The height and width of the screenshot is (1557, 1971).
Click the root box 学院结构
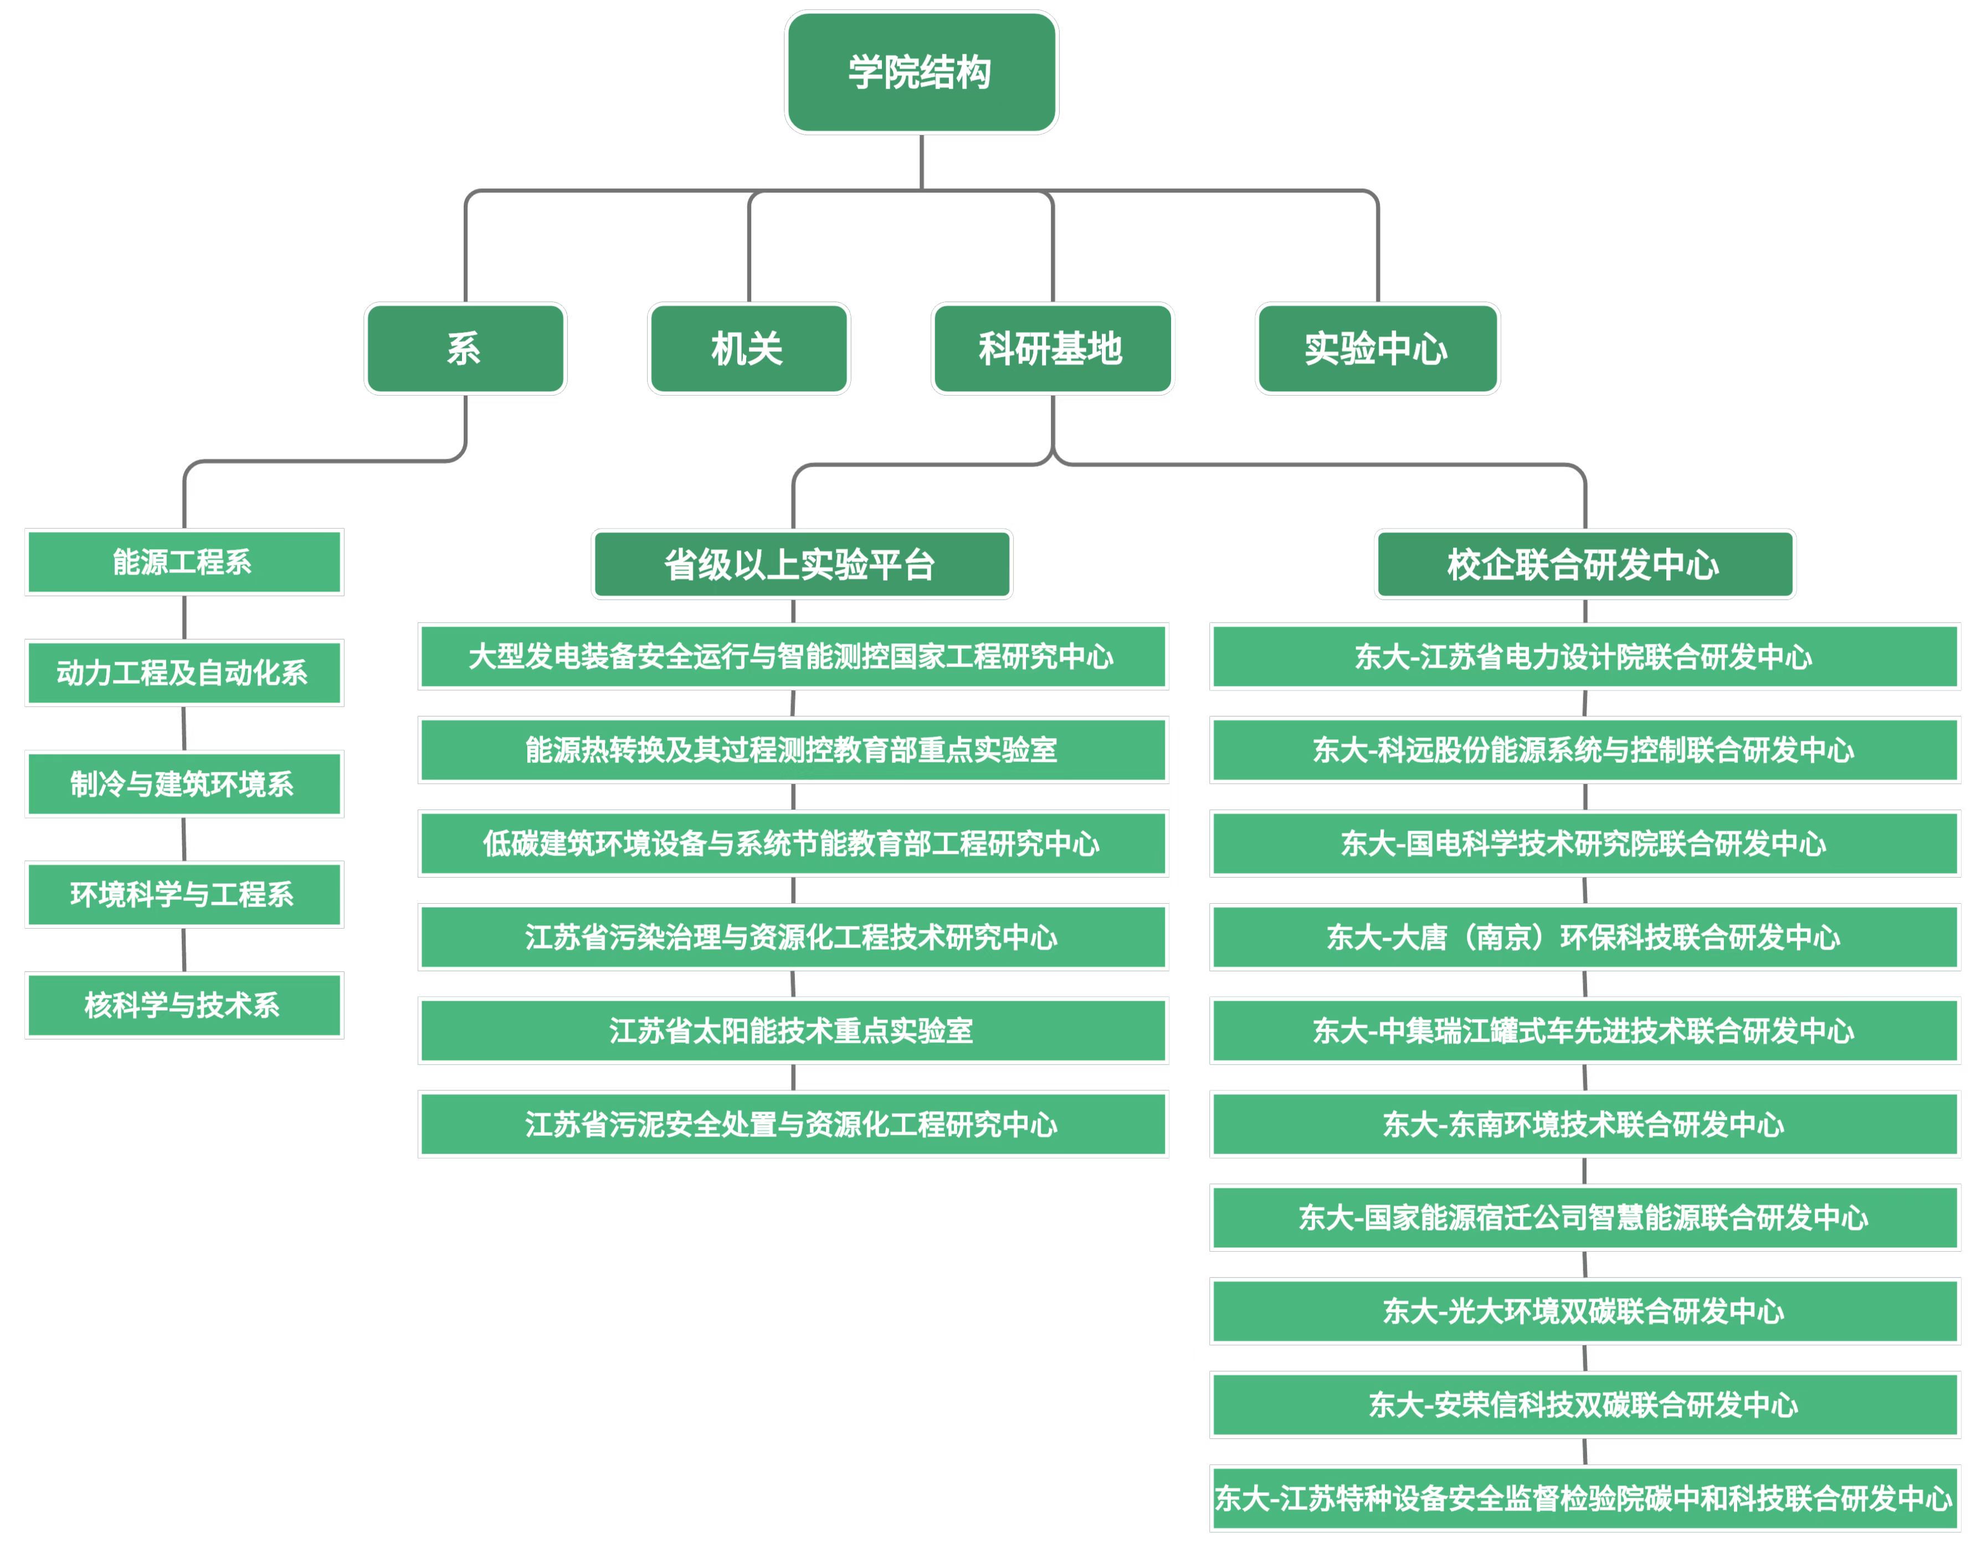[x=921, y=72]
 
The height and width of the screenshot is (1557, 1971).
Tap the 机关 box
[x=748, y=348]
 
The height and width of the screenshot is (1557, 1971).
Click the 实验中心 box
[x=1377, y=348]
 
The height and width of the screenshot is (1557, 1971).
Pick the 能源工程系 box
[x=184, y=561]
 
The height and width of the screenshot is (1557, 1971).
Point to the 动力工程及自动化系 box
[x=184, y=673]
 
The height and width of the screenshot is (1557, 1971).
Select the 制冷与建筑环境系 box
[x=184, y=784]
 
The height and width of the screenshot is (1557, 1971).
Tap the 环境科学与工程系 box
[x=184, y=894]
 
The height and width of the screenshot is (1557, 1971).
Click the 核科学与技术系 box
[x=184, y=1006]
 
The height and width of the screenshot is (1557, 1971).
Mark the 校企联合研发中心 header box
[x=1585, y=564]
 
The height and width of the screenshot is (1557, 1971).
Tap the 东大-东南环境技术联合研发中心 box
[x=1585, y=1124]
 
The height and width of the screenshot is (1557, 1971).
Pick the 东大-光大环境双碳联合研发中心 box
[x=1585, y=1311]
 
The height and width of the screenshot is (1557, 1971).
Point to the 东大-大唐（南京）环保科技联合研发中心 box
[x=1585, y=937]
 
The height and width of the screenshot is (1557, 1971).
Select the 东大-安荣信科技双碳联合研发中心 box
[x=1585, y=1405]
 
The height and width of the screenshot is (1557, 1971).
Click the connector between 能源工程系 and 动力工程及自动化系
[x=184, y=618]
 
